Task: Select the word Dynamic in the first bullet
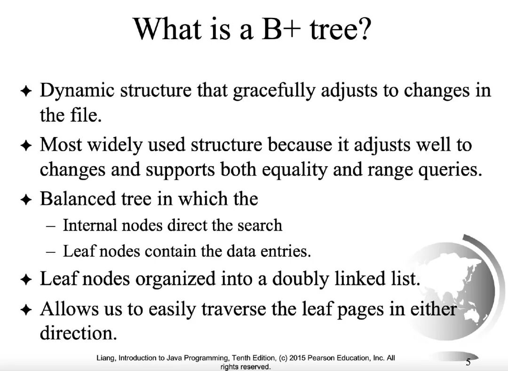click(77, 90)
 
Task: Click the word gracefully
click(274, 90)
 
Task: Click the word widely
click(115, 145)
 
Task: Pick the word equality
click(294, 169)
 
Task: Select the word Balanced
click(78, 199)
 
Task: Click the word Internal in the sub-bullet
click(90, 225)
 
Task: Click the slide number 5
click(468, 361)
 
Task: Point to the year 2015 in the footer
click(297, 358)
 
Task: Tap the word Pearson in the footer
click(321, 358)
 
